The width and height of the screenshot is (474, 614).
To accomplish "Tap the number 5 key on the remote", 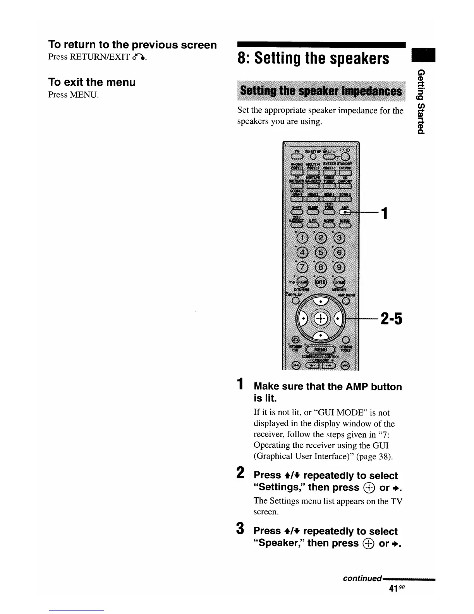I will click(321, 252).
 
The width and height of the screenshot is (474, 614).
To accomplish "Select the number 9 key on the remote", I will click(339, 267).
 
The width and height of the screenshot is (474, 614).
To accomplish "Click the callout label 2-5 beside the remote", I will click(392, 319).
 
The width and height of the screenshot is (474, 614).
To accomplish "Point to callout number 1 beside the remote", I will click(384, 213).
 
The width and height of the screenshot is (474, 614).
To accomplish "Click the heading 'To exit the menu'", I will click(92, 82).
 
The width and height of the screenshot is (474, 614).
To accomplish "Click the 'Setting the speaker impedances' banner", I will click(321, 91).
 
